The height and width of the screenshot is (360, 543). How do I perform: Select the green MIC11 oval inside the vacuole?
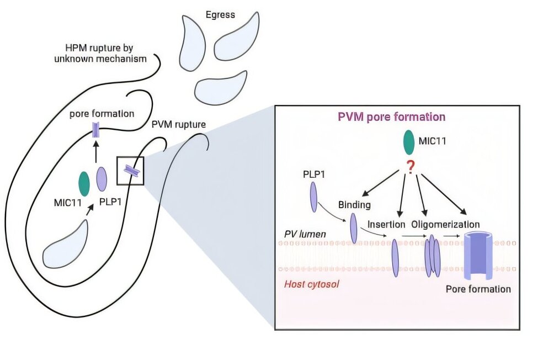[84, 184]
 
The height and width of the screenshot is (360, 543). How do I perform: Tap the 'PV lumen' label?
[305, 234]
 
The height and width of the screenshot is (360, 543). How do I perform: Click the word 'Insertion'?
[385, 225]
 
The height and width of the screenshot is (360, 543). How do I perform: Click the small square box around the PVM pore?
[130, 171]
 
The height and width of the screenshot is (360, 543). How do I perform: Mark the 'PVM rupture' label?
[178, 124]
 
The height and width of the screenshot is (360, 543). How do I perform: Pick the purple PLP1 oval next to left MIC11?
[102, 179]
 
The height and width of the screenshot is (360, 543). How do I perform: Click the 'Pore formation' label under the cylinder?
[478, 289]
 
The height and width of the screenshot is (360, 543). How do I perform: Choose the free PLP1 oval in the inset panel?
[314, 197]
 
